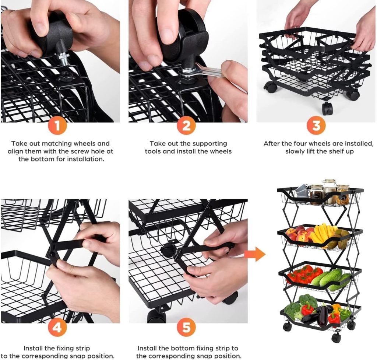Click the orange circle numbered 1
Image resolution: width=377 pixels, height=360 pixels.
(x=57, y=125)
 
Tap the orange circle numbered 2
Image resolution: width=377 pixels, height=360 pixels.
(x=186, y=125)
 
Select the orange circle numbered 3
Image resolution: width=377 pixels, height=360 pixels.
(x=316, y=125)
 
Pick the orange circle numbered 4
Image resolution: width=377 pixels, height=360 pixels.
(x=57, y=327)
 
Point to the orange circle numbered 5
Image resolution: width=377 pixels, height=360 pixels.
(x=186, y=327)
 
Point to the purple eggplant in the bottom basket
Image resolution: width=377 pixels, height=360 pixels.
(x=323, y=315)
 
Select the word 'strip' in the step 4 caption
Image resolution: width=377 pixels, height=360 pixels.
(x=82, y=349)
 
